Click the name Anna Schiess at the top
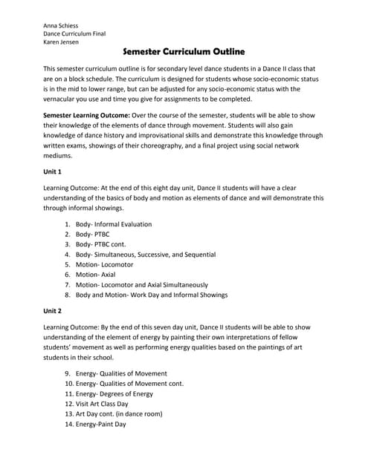[62, 25]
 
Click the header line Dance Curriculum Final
[74, 34]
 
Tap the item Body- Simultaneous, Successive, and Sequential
[146, 255]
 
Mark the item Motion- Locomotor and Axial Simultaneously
[142, 285]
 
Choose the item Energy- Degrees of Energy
[114, 393]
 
